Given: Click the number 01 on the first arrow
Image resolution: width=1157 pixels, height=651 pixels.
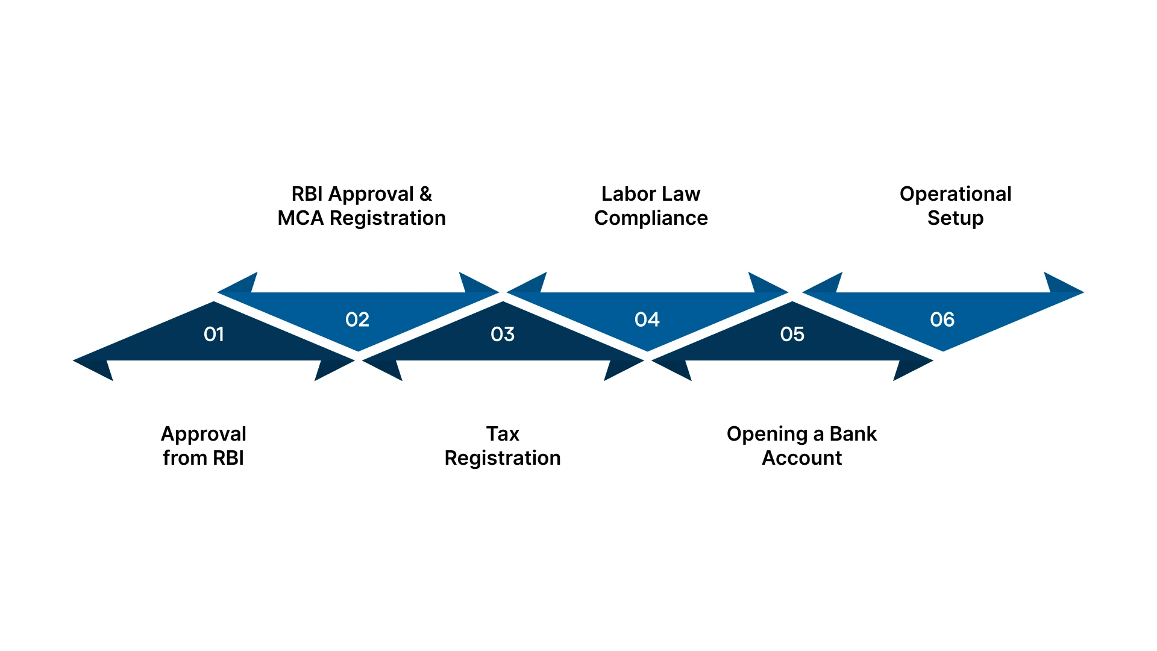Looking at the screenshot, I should pos(214,334).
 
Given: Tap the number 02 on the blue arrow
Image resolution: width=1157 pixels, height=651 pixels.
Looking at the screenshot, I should pos(357,319).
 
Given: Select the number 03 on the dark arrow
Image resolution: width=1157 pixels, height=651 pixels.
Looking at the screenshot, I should pos(503,334).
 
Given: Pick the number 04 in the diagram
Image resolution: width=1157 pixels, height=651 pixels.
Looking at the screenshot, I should pos(647,319).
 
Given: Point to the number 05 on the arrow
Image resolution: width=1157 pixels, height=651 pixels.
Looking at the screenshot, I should pos(792,334).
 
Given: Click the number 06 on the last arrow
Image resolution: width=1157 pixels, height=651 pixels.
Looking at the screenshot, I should pos(942,319).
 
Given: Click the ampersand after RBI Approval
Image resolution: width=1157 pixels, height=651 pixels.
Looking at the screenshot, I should pos(425,194).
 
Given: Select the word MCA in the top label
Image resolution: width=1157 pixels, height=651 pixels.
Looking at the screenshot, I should pos(300,218).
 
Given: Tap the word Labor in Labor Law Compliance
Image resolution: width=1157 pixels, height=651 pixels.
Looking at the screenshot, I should pos(629,194).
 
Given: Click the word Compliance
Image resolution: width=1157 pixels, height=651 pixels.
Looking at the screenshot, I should pos(651,218).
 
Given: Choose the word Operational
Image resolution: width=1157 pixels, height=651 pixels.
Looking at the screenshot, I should pos(955,194).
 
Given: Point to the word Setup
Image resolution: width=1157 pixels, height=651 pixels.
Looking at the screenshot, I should pos(955,218).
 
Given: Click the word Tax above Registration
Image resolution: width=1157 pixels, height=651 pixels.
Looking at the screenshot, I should pos(503,434).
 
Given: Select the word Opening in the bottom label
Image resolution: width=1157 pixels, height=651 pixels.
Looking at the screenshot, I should pos(767,434).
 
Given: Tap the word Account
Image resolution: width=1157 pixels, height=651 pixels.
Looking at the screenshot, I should pos(801,458).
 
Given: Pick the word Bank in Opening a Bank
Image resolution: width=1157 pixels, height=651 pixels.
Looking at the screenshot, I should pos(853,434).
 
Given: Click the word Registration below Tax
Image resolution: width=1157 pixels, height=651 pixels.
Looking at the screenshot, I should pos(503,458).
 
